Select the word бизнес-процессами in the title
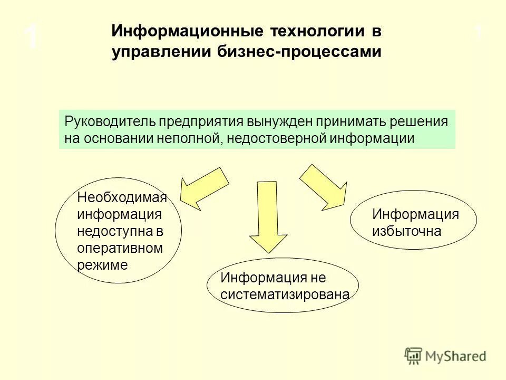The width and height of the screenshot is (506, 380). tap(298, 53)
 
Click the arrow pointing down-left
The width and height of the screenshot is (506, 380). tap(203, 188)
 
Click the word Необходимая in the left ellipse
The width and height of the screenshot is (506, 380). tap(122, 198)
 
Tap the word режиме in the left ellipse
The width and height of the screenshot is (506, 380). tap(103, 265)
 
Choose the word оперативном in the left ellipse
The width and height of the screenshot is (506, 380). tap(120, 248)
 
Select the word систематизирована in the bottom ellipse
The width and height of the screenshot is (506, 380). tap(285, 294)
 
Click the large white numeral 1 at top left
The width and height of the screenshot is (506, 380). tap(32, 37)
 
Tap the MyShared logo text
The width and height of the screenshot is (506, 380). tap(456, 356)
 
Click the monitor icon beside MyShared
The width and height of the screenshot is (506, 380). tap(414, 355)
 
